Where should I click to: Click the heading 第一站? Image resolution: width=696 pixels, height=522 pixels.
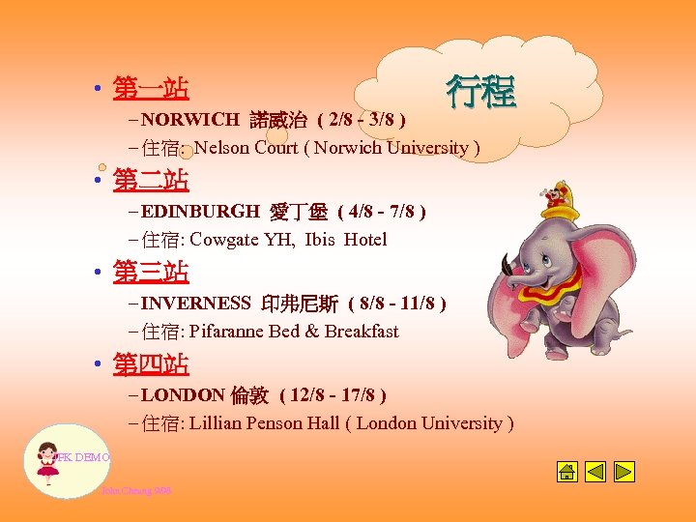point(151,89)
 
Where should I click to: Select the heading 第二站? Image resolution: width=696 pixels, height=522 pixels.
point(151,180)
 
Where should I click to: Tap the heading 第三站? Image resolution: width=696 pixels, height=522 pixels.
point(151,273)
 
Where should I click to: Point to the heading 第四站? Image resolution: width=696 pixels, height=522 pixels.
point(151,364)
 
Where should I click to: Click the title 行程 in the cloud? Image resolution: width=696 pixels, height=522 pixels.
point(480,92)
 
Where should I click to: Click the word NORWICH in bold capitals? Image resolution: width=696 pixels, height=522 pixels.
point(190,120)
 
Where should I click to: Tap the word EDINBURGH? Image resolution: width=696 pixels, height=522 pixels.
point(200,211)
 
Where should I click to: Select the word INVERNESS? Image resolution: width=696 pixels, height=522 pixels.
point(196,304)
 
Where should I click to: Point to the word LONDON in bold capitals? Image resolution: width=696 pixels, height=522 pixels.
point(182,394)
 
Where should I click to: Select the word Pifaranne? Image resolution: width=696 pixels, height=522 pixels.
point(230,332)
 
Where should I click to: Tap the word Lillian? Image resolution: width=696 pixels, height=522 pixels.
point(218,423)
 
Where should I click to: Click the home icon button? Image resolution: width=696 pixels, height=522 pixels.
point(567,472)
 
